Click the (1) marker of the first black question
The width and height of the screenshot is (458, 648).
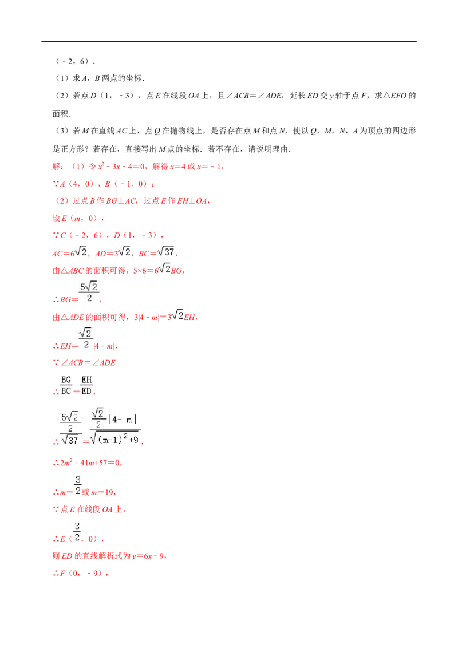(62, 78)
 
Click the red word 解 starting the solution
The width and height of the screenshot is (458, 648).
(57, 167)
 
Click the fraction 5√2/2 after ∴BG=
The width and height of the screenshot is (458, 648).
(89, 292)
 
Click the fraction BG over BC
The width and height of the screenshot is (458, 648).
(66, 385)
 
